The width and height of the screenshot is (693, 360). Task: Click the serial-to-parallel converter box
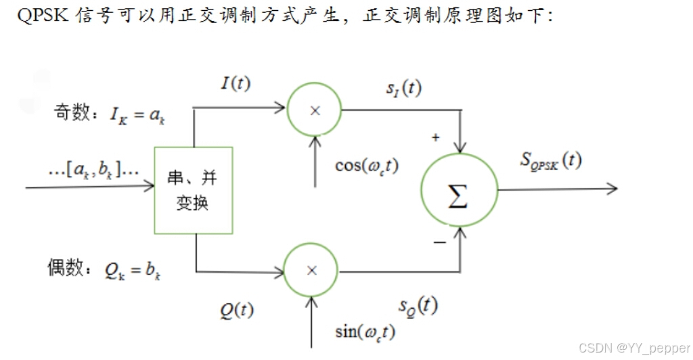(194, 190)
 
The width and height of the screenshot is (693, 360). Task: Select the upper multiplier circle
(314, 110)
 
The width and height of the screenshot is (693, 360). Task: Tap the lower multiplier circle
(312, 270)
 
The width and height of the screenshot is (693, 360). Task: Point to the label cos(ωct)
(366, 165)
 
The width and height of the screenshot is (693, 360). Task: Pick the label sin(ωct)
(365, 332)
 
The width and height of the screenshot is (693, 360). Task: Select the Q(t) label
(236, 310)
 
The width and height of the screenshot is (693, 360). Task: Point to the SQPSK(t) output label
(551, 160)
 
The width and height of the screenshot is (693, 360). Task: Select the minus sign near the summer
(439, 242)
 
